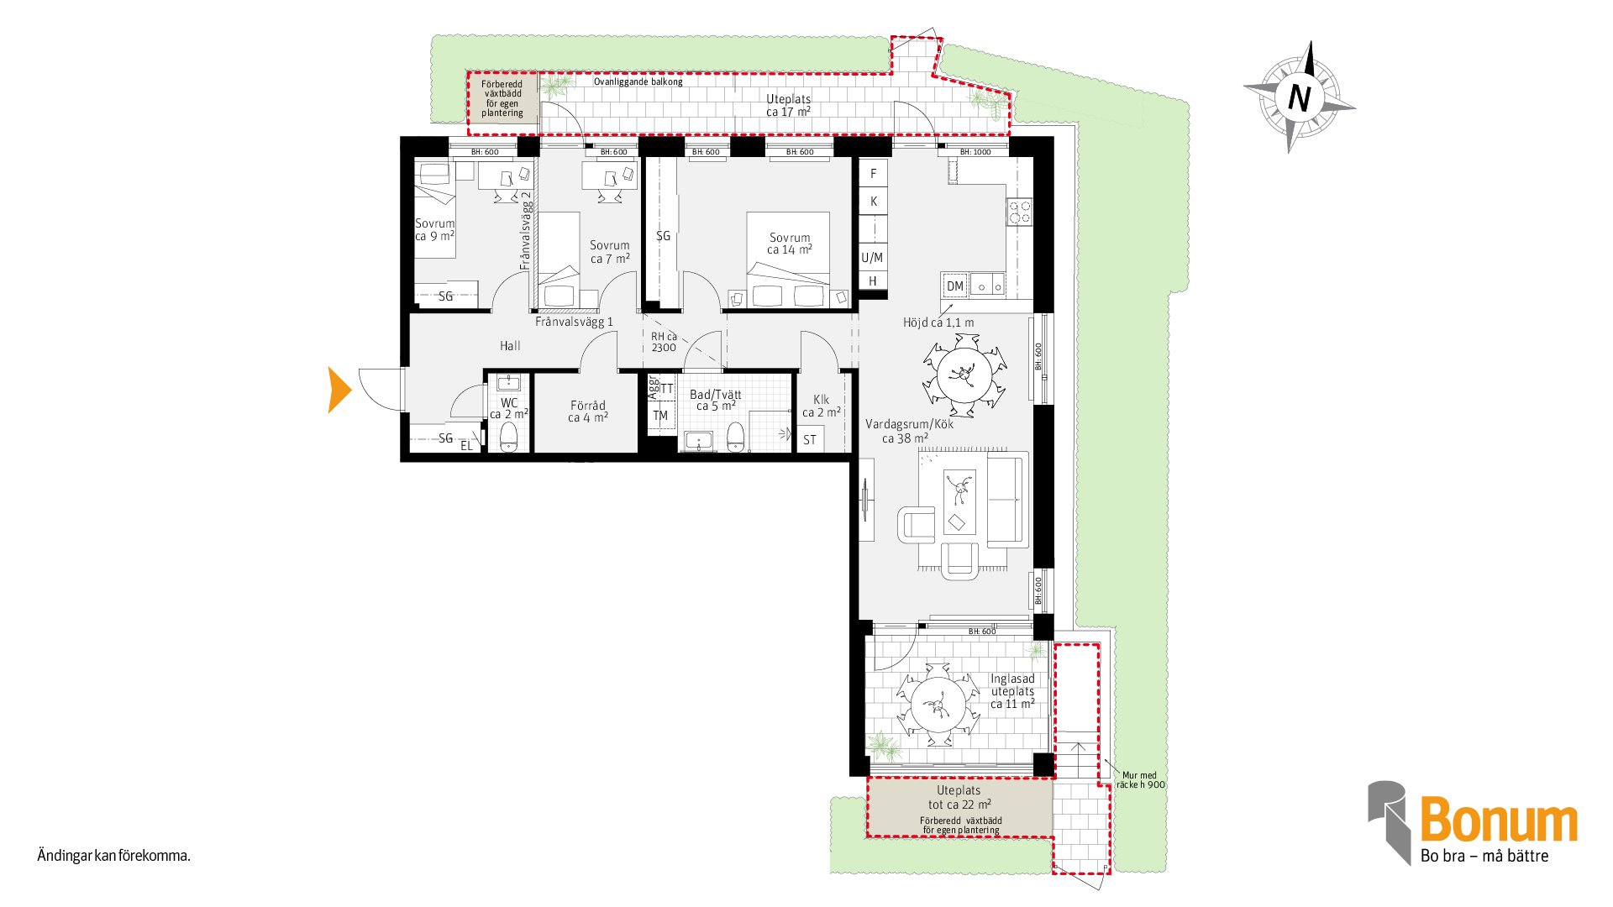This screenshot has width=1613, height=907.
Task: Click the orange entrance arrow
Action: pyautogui.click(x=339, y=390)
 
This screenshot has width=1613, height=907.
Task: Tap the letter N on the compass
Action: pyautogui.click(x=1299, y=98)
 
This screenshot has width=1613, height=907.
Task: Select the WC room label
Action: pyautogui.click(x=509, y=408)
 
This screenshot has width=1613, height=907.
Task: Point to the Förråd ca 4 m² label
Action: pyautogui.click(x=588, y=411)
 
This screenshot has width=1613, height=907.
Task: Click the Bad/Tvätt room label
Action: pyautogui.click(x=716, y=400)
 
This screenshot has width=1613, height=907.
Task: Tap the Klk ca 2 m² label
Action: pyautogui.click(x=822, y=406)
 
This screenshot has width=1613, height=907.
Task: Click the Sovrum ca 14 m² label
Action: pyautogui.click(x=790, y=244)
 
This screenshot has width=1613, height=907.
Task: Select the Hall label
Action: pyautogui.click(x=510, y=345)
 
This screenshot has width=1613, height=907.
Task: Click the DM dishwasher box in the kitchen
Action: pyautogui.click(x=955, y=286)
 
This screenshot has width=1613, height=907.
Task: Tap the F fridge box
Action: pyautogui.click(x=874, y=174)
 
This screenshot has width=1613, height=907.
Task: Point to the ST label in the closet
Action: pyautogui.click(x=810, y=439)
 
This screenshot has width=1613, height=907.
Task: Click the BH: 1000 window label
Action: pyautogui.click(x=975, y=152)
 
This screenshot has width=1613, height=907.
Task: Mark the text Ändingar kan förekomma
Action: pyautogui.click(x=114, y=856)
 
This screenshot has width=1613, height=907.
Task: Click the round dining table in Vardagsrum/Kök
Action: pyautogui.click(x=964, y=375)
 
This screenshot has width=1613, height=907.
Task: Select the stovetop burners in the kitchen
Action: pyautogui.click(x=1020, y=212)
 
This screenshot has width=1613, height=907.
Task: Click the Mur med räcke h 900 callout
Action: pyautogui.click(x=1140, y=780)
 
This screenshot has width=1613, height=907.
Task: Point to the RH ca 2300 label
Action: pyautogui.click(x=664, y=342)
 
